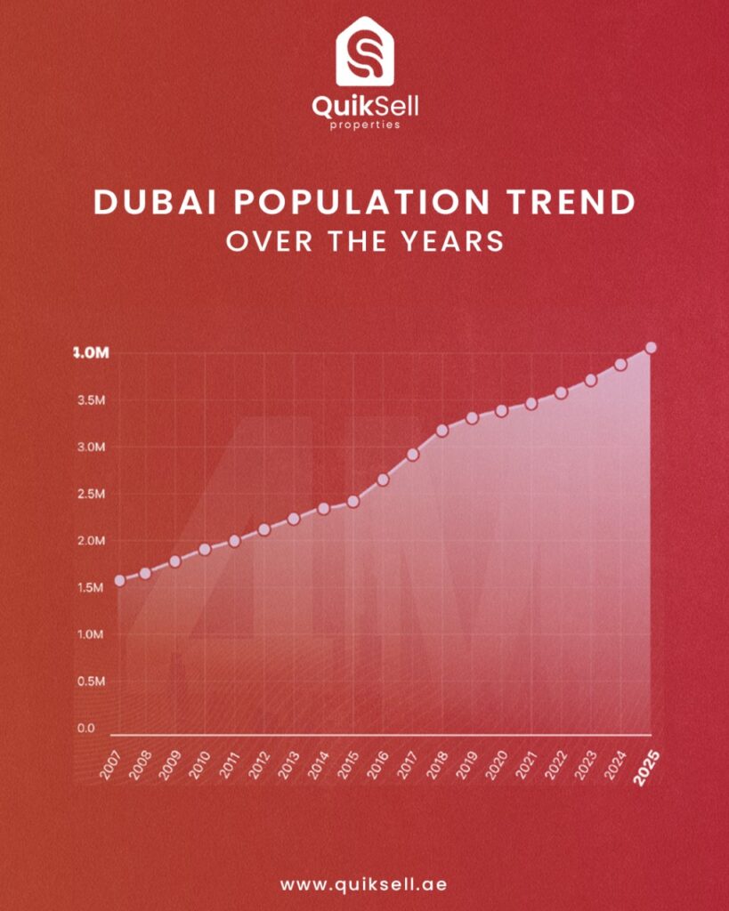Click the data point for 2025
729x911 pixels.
point(651,348)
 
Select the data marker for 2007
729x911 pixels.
point(120,580)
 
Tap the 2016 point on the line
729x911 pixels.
point(383,480)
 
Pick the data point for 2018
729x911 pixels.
point(442,431)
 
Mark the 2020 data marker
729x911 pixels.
point(502,410)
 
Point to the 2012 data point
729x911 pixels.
point(263,529)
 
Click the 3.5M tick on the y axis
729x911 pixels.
point(91,400)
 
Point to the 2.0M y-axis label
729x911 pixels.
point(91,541)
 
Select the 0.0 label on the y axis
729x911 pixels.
point(85,729)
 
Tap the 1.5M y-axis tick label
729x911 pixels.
point(91,588)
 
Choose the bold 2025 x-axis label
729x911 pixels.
point(647,767)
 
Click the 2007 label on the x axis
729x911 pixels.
point(111,764)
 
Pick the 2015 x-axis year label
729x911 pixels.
point(349,764)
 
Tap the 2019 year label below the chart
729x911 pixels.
point(467,764)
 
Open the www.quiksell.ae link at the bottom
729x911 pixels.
point(364,885)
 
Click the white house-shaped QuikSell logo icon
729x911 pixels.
point(364,53)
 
